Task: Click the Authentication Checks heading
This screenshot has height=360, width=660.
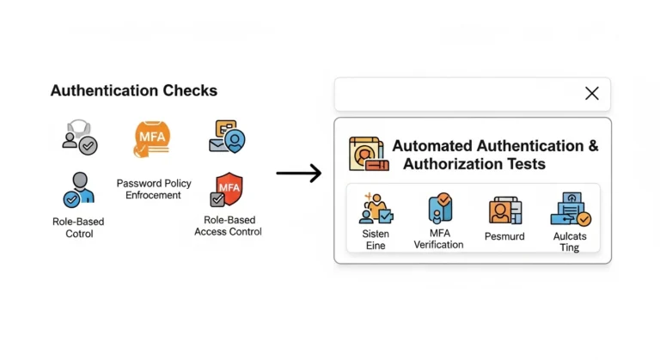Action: pyautogui.click(x=133, y=90)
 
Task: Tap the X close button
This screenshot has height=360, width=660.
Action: pyautogui.click(x=591, y=94)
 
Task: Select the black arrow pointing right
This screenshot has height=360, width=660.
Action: pyautogui.click(x=299, y=174)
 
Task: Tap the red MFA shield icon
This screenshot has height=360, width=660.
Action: pyautogui.click(x=227, y=191)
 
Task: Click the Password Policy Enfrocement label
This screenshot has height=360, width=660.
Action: pyautogui.click(x=154, y=189)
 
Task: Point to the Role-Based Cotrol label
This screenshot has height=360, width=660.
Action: pyautogui.click(x=78, y=227)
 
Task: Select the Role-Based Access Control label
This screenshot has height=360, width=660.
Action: pyautogui.click(x=228, y=225)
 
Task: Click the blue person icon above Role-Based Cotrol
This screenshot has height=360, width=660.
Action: pyautogui.click(x=78, y=189)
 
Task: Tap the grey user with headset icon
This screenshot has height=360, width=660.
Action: pyautogui.click(x=79, y=137)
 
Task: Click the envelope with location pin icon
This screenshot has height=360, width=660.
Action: pyautogui.click(x=228, y=137)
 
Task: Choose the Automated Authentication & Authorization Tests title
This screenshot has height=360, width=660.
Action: pyautogui.click(x=495, y=155)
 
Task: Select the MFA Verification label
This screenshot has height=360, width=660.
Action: pyautogui.click(x=438, y=239)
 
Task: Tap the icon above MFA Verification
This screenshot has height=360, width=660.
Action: pyautogui.click(x=440, y=209)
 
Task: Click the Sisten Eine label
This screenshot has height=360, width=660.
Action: pyautogui.click(x=375, y=239)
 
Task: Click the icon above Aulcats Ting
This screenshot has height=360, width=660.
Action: pyautogui.click(x=571, y=210)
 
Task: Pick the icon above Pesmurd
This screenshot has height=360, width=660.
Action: pyautogui.click(x=504, y=210)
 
